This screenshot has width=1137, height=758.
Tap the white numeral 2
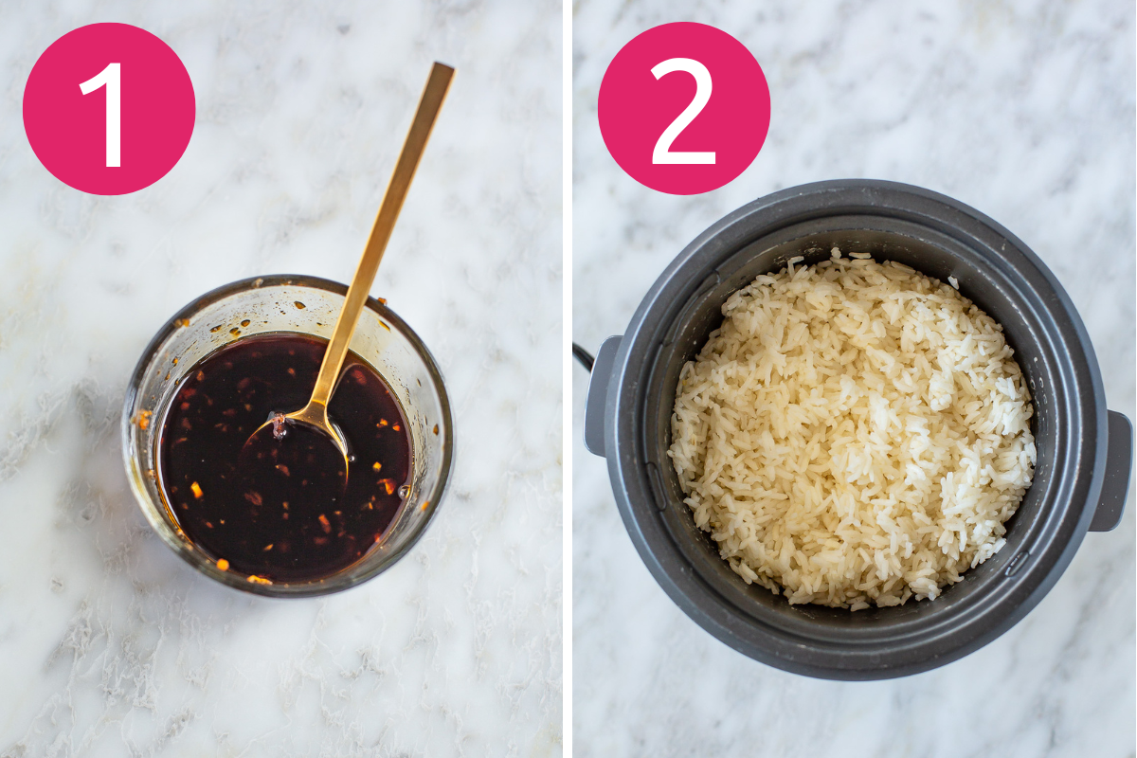pyautogui.click(x=684, y=111)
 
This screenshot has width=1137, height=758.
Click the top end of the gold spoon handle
pyautogui.click(x=444, y=66)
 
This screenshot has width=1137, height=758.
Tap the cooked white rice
pyautogui.click(x=853, y=431)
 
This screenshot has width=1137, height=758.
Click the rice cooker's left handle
pyautogui.click(x=599, y=395)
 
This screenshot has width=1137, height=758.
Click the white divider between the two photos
pyautogui.click(x=568, y=379)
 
